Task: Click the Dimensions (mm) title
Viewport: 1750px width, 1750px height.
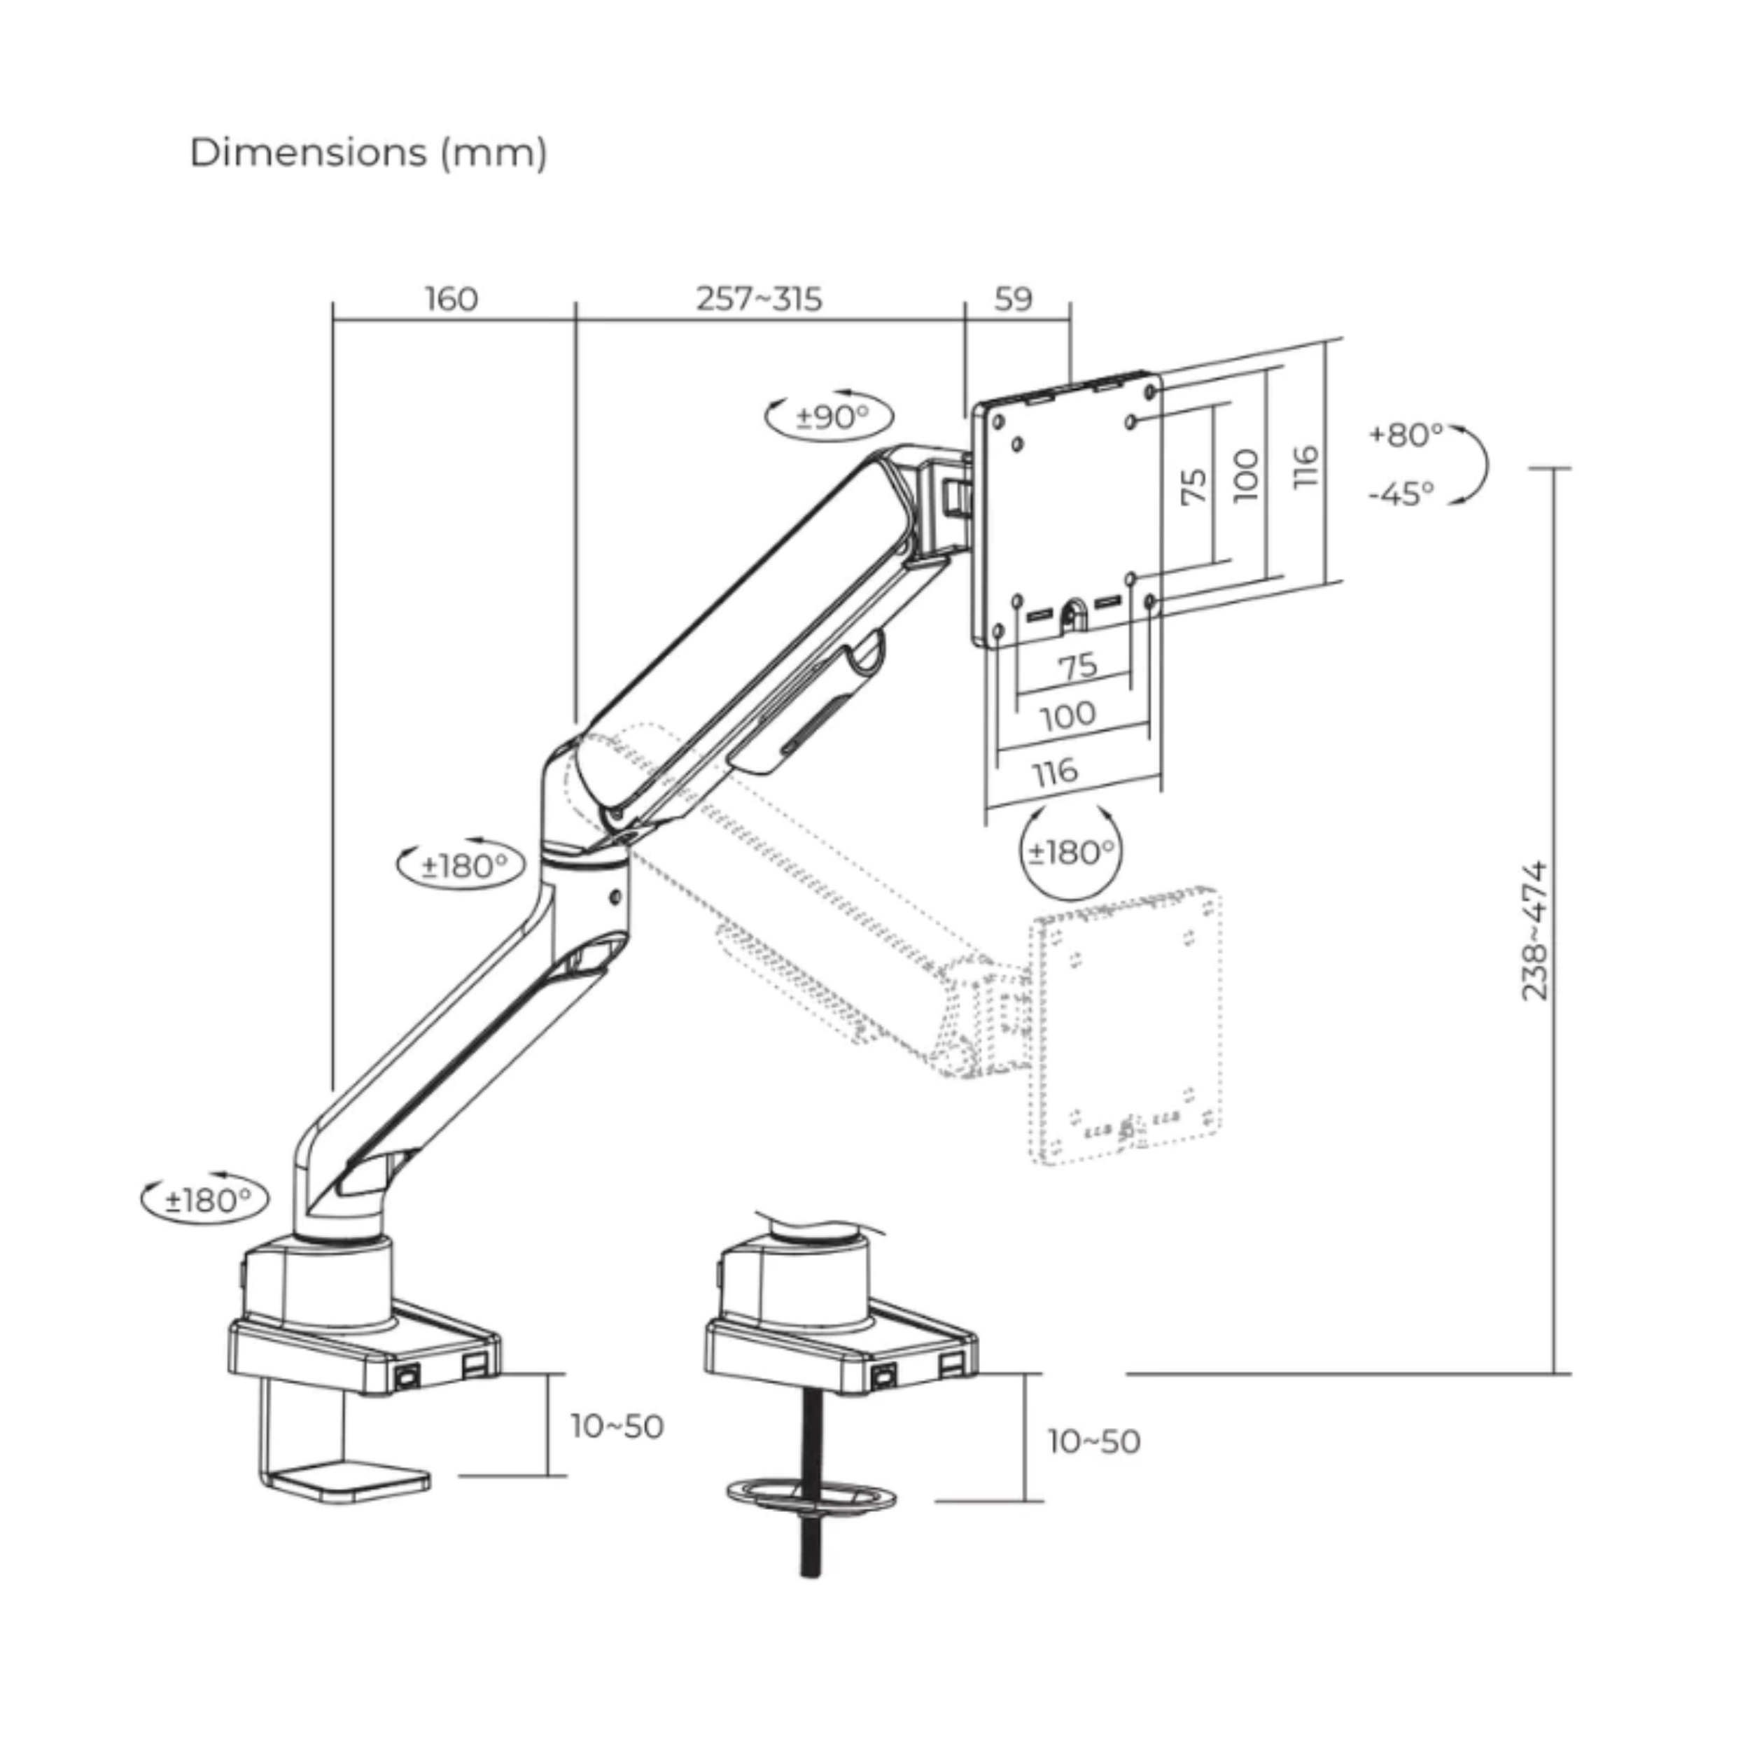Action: click(367, 152)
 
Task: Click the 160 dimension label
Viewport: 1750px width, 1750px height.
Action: click(451, 299)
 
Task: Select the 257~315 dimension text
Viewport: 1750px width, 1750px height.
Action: click(759, 299)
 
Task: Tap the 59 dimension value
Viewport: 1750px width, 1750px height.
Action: click(1013, 299)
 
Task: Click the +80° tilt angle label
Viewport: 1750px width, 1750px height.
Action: click(1406, 435)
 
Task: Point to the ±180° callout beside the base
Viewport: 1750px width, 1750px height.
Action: click(206, 1201)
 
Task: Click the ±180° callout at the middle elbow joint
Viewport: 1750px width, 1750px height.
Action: click(463, 866)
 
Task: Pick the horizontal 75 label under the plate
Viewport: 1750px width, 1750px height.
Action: click(1078, 666)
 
